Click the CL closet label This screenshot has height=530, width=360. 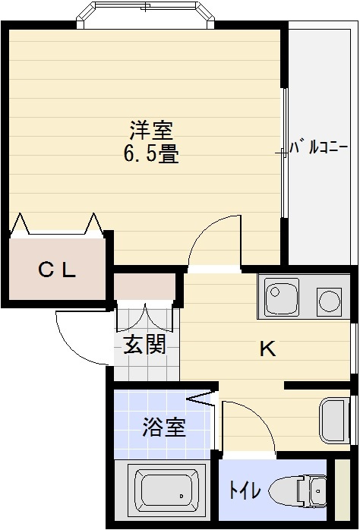coord(58,269)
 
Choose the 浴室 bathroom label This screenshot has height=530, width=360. coord(163,427)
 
